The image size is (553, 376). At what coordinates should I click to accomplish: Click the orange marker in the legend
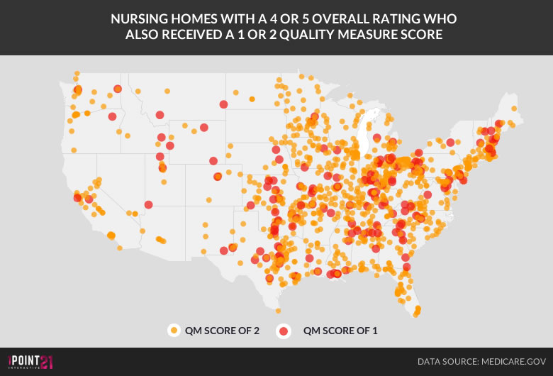point(172,330)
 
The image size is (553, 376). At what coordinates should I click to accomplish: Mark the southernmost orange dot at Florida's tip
point(418,311)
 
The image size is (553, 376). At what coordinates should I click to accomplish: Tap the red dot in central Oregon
point(111,117)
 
